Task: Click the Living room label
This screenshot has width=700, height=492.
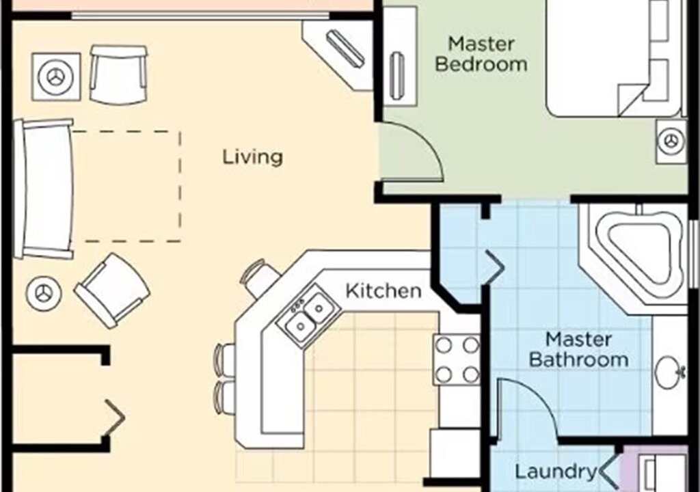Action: [x=253, y=157]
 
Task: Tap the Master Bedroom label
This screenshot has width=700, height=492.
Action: [x=481, y=55]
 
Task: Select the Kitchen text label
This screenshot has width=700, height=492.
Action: [x=383, y=291]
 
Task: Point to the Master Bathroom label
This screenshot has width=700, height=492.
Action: [x=578, y=350]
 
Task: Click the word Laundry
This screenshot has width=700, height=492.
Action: [x=556, y=471]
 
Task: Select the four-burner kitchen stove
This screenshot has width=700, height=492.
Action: [x=456, y=360]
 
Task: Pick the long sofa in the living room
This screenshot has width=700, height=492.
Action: [x=44, y=189]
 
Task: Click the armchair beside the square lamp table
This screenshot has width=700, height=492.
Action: [x=118, y=74]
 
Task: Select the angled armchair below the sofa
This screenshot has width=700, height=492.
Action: [x=112, y=290]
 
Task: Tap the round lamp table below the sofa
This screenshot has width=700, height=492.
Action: [x=43, y=293]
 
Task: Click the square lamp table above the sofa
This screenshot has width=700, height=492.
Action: [x=56, y=77]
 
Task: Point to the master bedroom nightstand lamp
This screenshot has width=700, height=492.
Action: [x=671, y=141]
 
